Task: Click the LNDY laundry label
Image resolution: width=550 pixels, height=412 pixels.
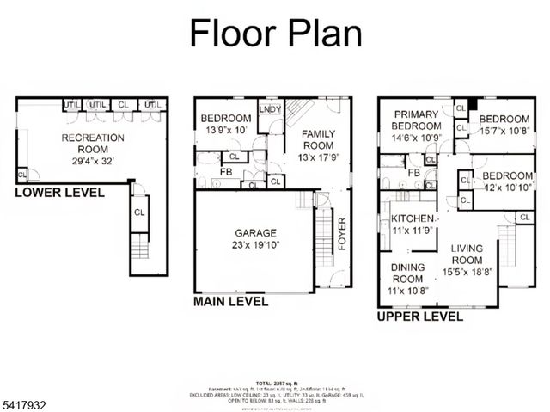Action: pos(268,109)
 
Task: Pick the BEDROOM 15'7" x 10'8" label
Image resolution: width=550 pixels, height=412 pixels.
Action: pos(505,125)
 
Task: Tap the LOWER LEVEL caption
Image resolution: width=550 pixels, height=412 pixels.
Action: pos(59,192)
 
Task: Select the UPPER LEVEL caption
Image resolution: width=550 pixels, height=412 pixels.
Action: pos(420,316)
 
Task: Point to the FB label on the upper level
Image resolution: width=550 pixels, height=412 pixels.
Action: pos(413,173)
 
